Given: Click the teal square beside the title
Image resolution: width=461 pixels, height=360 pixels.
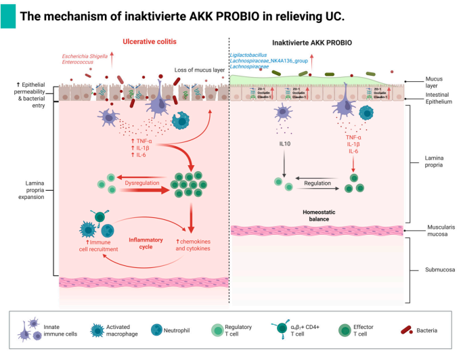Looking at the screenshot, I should coord(8,15).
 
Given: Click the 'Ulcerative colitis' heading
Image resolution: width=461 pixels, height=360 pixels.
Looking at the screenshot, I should coord(150,42).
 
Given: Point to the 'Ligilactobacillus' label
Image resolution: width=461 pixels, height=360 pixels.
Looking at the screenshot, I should coord(253,54).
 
